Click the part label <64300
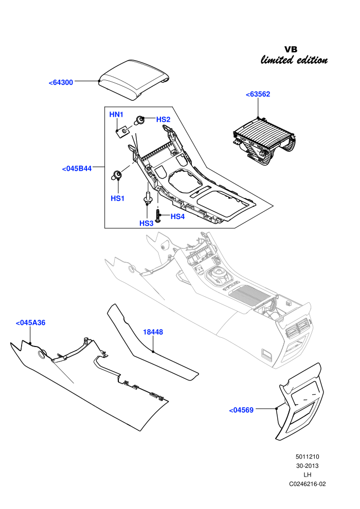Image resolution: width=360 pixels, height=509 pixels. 61,82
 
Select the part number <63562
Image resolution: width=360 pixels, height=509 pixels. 258,94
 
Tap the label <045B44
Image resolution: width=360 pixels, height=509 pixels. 77,169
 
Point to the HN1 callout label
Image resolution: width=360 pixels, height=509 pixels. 116,114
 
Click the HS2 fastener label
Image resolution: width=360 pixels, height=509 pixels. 163,119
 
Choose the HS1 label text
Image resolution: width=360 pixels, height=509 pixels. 117,198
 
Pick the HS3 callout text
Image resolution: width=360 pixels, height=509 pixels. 146,223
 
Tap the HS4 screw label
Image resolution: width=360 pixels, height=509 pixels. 177,216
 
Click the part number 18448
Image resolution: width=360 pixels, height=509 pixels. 153,332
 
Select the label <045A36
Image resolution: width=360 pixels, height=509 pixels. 30,323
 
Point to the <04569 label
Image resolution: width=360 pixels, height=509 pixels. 241,410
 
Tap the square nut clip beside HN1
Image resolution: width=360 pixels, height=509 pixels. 122,132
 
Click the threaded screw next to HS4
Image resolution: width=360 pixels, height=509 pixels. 157,216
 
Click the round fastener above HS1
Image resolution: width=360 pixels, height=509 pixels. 117,174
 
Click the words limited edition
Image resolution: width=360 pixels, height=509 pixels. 294,60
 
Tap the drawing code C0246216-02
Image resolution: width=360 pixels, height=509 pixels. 308,484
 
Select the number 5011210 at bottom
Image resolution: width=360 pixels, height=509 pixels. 308,457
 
